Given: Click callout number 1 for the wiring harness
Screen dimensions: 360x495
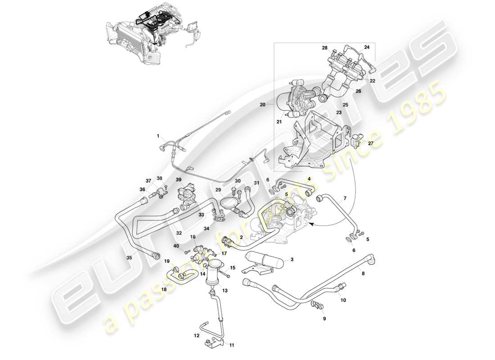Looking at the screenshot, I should click(158, 135).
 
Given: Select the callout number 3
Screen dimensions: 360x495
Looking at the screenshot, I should click(292, 260).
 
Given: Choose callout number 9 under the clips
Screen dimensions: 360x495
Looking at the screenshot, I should click(324, 319).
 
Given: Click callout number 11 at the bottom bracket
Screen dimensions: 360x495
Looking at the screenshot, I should click(232, 345).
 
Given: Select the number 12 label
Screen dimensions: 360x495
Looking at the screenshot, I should click(196, 335).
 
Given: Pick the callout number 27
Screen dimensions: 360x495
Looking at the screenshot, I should click(370, 144).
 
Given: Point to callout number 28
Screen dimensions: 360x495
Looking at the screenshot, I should click(324, 47).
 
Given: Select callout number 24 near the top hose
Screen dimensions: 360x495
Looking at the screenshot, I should click(367, 47).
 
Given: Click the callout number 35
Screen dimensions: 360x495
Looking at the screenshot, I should click(129, 258).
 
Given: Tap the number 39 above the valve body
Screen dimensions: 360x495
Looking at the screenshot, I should click(179, 180).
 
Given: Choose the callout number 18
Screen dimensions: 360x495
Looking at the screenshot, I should click(164, 290).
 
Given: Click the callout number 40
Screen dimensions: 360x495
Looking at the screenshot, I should click(176, 246).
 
